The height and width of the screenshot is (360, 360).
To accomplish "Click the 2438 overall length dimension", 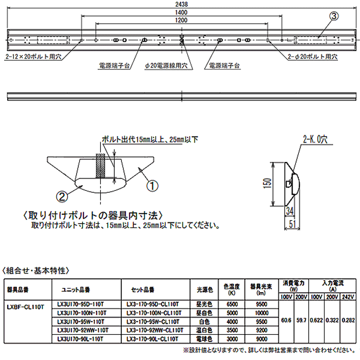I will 181,4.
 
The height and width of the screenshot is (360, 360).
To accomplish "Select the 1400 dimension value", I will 181,12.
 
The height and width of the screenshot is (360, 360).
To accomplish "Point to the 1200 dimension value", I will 181,20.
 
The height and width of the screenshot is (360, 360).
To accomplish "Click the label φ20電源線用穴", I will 166,66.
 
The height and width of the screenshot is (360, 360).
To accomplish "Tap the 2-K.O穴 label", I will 315,139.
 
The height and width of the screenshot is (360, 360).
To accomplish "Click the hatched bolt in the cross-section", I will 101,164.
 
